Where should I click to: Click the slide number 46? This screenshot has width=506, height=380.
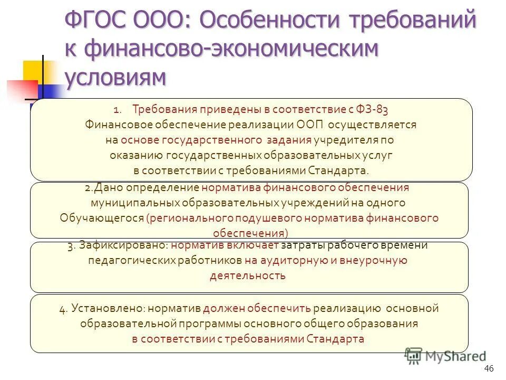point(488,368)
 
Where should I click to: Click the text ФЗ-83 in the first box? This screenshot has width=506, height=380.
point(373,110)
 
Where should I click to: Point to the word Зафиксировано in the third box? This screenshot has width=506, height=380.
point(123,245)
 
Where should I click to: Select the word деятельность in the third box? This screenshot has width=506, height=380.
point(248,275)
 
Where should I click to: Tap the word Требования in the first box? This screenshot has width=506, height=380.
point(164,110)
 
